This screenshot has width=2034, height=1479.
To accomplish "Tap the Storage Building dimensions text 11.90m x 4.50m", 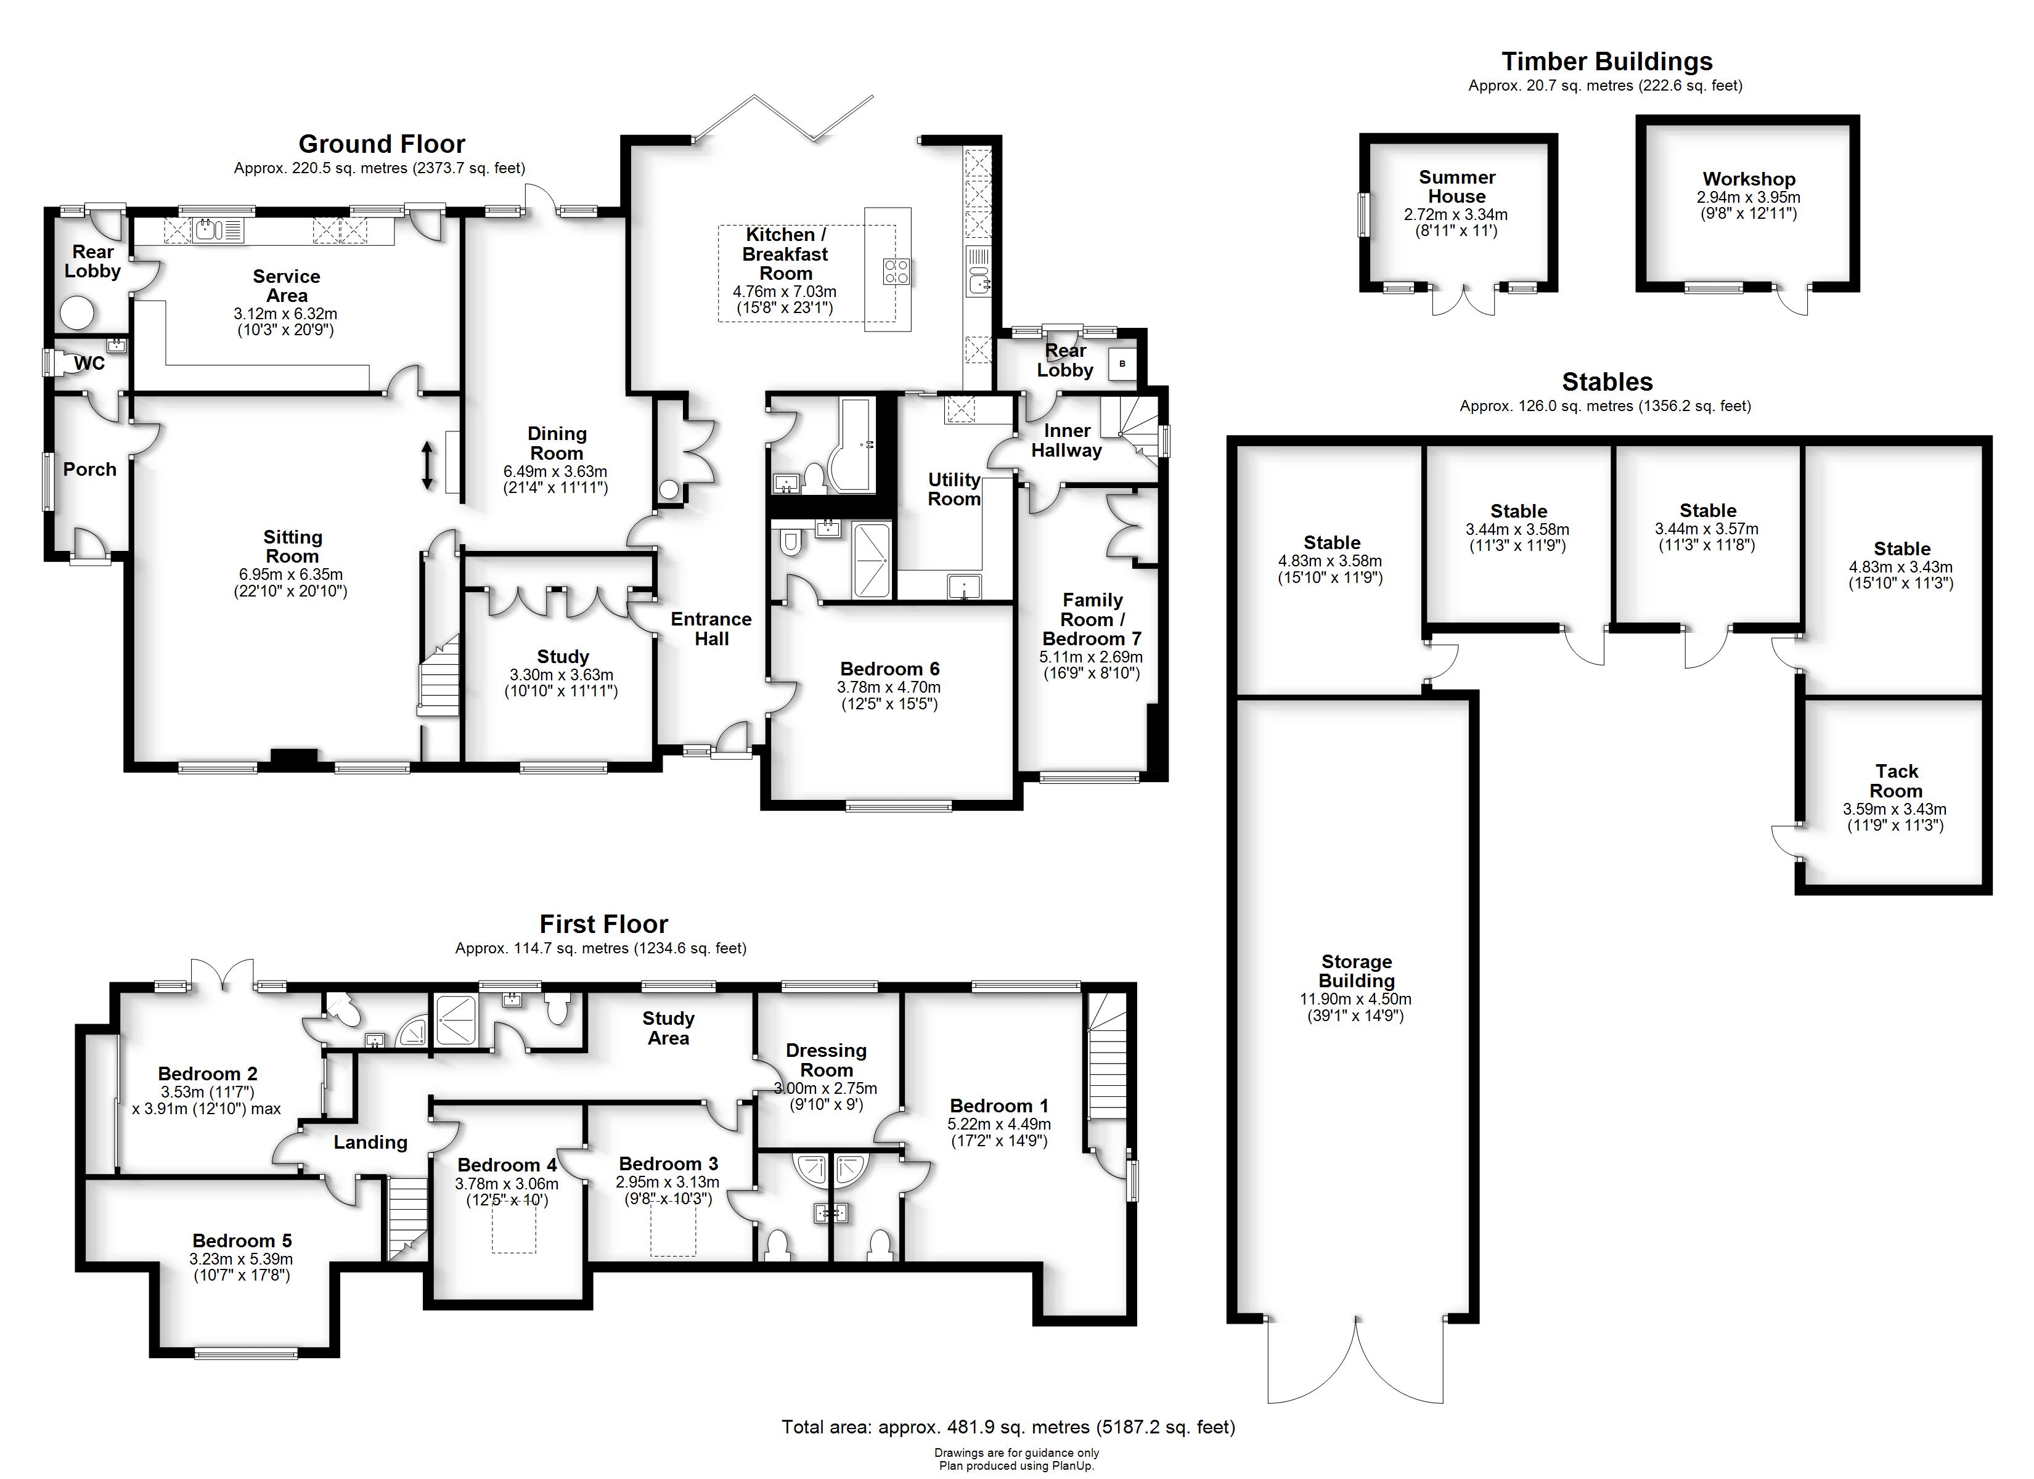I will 1355,999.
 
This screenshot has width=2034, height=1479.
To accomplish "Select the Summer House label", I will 1456,187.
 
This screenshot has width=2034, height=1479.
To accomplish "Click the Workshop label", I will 1748,179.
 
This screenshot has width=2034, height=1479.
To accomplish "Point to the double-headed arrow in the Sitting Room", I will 428,465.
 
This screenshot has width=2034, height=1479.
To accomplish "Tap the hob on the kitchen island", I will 897,272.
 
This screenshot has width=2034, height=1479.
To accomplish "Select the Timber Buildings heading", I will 1606,62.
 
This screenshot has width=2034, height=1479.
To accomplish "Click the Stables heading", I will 1607,382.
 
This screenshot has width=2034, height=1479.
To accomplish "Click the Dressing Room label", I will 826,1060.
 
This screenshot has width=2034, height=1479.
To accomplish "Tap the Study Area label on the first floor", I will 668,1028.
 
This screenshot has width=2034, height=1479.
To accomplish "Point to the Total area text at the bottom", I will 1008,1426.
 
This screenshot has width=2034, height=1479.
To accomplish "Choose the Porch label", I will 90,469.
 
